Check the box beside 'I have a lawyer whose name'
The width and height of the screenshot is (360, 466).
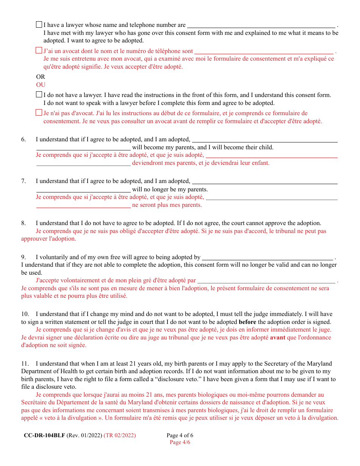pos(39,25)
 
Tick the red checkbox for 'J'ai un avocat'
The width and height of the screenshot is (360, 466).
pos(39,50)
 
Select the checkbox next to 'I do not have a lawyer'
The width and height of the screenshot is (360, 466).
pos(39,94)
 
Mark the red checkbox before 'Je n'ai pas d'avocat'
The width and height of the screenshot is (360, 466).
pos(39,113)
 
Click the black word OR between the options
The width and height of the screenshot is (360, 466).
pos(41,77)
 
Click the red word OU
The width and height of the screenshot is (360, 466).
pos(41,85)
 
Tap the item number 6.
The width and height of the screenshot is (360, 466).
pos(23,139)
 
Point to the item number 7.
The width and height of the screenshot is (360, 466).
pos(23,181)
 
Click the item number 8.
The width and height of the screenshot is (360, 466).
pos(23,223)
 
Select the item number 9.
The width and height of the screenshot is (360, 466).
pos(23,257)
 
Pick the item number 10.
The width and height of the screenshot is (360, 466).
pos(25,314)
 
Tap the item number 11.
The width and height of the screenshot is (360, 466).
pos(25,364)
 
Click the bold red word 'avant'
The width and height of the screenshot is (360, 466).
pos(277,337)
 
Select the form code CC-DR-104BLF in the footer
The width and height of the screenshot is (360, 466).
pos(44,435)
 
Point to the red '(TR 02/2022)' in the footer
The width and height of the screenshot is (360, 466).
pos(119,435)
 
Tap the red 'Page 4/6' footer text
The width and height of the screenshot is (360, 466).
pos(180,442)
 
